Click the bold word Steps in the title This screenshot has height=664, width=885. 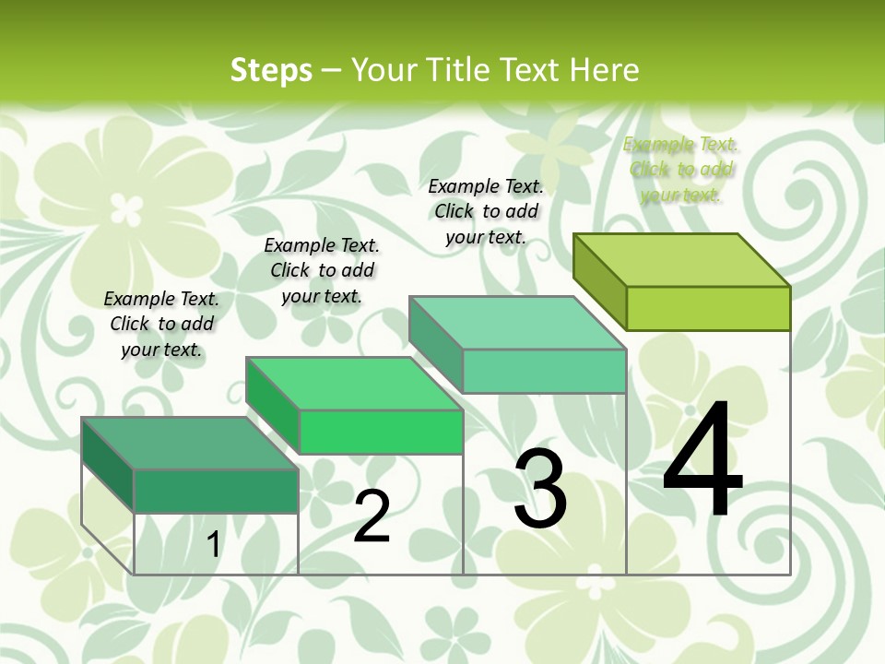point(271,69)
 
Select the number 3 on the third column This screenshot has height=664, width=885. point(539,489)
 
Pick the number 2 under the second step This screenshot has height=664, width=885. point(372,516)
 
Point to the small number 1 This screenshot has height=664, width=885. point(213,545)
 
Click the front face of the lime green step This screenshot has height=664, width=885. point(708,308)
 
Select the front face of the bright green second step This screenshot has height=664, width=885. point(381,432)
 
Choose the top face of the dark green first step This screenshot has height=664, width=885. point(190,444)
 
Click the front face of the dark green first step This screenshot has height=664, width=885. point(216,491)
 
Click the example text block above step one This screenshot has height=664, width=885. point(161,324)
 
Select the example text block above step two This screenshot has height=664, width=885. point(322,270)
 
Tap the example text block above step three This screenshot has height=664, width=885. point(486,211)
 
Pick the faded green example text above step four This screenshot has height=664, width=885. point(680,169)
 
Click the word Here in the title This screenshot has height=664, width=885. point(604,69)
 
